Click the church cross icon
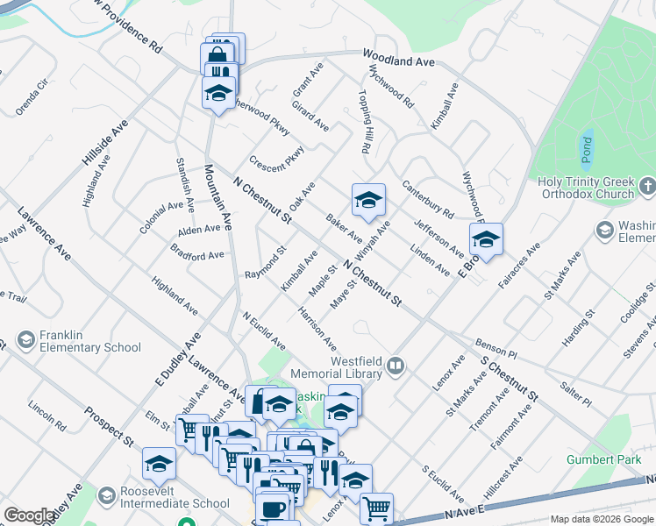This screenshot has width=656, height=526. click(x=647, y=186)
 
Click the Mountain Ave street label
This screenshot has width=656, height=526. click(x=217, y=197)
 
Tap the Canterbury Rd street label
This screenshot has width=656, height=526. click(x=428, y=199)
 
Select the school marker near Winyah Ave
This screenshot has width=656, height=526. click(x=368, y=200)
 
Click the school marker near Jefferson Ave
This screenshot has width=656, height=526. click(x=486, y=238)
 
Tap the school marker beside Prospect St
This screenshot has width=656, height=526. click(x=159, y=463)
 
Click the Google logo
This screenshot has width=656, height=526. click(x=29, y=515)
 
